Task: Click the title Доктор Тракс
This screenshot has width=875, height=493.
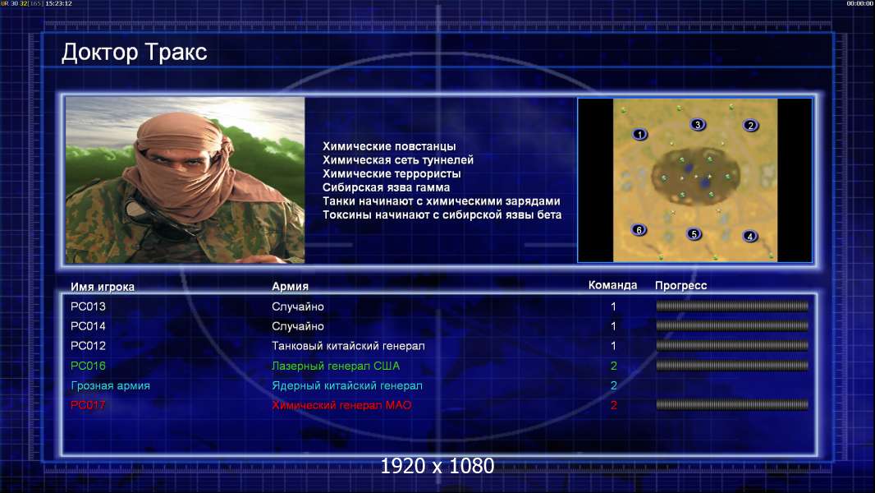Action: click(134, 53)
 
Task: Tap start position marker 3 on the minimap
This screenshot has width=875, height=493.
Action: click(698, 125)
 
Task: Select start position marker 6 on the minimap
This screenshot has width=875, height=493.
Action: click(639, 229)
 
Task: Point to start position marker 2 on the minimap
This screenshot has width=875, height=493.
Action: click(750, 126)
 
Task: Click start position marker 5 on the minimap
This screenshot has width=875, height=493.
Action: click(694, 234)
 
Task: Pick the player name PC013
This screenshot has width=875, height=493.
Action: click(88, 306)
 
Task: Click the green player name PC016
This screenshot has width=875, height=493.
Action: click(88, 366)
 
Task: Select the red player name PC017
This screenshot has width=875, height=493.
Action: click(88, 405)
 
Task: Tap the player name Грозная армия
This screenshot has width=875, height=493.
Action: click(110, 386)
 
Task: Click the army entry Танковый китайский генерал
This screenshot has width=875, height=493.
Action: click(348, 346)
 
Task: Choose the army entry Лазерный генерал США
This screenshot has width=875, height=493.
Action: click(336, 366)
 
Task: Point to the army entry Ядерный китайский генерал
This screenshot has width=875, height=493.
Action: click(347, 386)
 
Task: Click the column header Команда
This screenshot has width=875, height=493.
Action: click(612, 285)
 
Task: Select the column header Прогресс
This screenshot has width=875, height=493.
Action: click(680, 286)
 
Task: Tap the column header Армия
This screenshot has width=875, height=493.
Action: click(291, 287)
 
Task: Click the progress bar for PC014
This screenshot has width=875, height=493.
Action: click(732, 325)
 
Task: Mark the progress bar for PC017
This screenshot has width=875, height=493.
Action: click(732, 405)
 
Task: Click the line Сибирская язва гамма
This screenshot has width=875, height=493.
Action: click(386, 187)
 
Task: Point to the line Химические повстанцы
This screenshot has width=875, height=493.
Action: click(389, 146)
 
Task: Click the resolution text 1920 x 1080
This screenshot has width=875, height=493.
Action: click(438, 466)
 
